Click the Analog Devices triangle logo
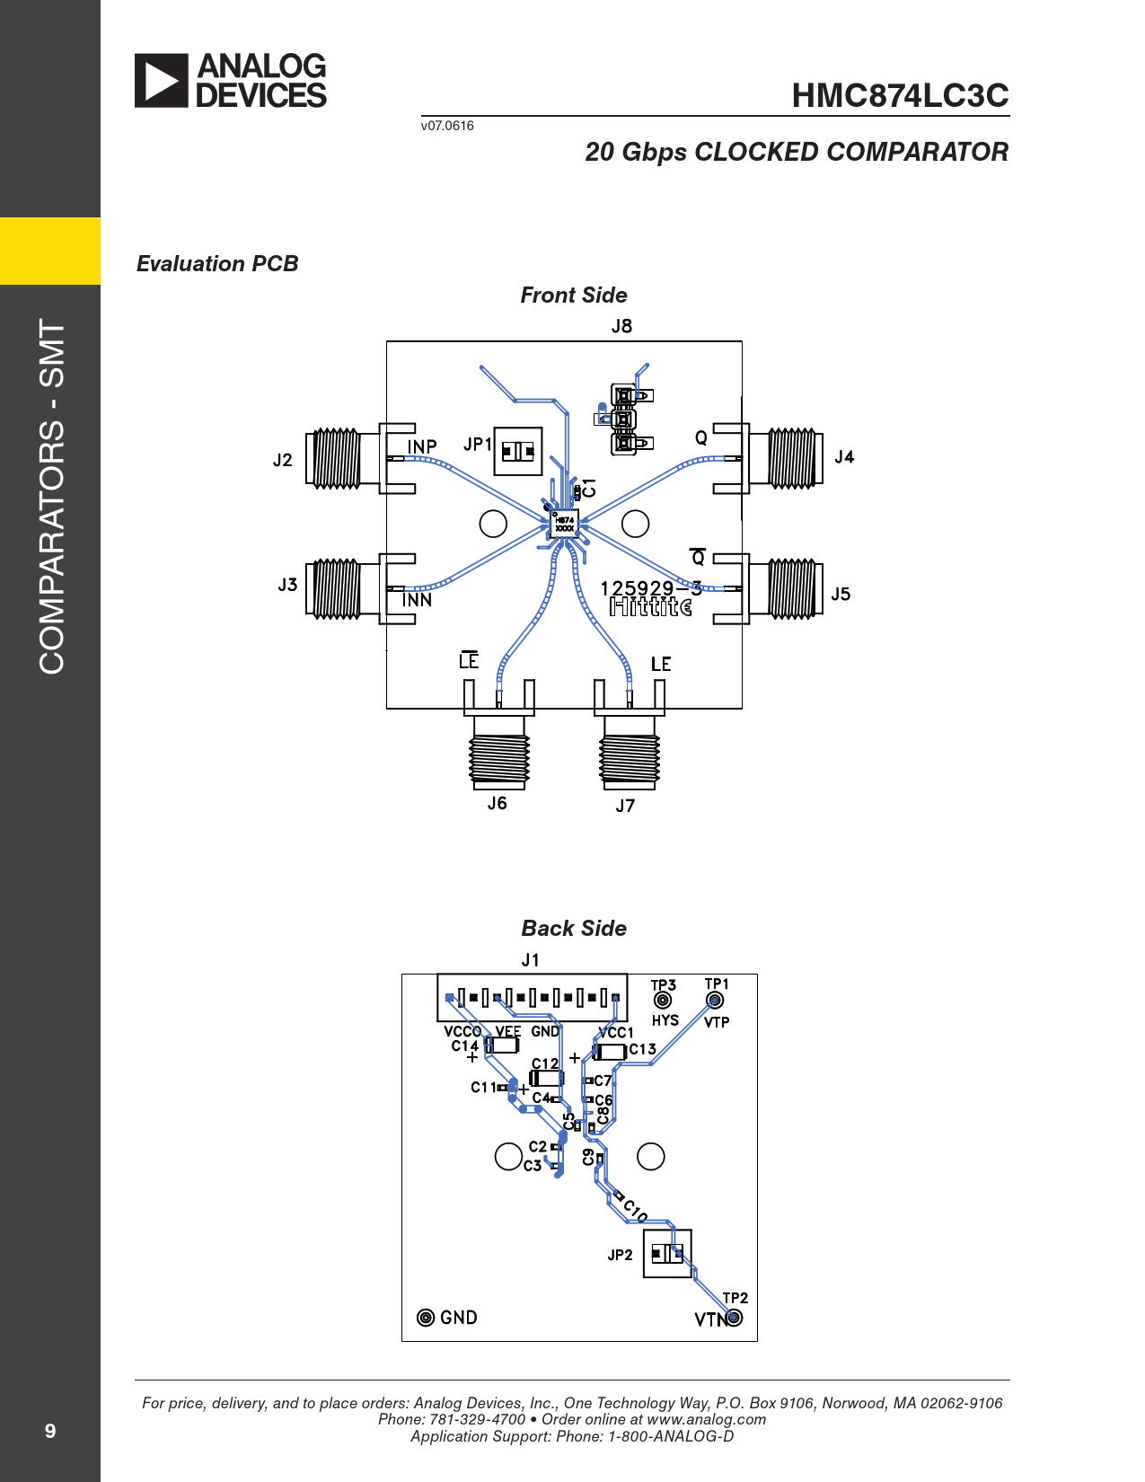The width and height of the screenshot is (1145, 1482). click(161, 81)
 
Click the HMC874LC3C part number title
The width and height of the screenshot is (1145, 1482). click(900, 95)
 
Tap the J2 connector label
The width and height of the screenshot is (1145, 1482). click(282, 461)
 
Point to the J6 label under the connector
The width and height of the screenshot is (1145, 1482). click(498, 803)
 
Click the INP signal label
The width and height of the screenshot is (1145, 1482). click(422, 446)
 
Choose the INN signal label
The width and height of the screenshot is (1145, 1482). click(417, 600)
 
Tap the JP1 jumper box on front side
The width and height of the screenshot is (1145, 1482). click(517, 452)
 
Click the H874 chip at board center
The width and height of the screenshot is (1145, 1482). click(564, 524)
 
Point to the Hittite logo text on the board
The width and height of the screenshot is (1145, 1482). click(650, 606)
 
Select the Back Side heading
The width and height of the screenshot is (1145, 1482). click(574, 928)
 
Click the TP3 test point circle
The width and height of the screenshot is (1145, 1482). click(662, 1001)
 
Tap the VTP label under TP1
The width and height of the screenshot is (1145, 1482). click(717, 1022)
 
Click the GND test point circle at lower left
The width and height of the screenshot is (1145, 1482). click(426, 1318)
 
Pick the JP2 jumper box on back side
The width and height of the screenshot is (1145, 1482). click(667, 1254)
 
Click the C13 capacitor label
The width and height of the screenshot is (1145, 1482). click(642, 1049)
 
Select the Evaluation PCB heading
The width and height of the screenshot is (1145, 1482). click(217, 264)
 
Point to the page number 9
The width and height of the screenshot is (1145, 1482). click(50, 1431)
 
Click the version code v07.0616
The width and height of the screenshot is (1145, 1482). click(447, 126)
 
